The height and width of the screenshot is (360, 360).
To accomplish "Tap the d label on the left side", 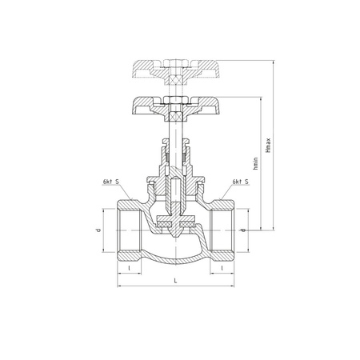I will click(x=98, y=231).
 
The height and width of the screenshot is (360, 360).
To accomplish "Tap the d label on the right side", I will click(x=242, y=231).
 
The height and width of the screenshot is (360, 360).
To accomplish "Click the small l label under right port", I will click(x=222, y=269).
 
